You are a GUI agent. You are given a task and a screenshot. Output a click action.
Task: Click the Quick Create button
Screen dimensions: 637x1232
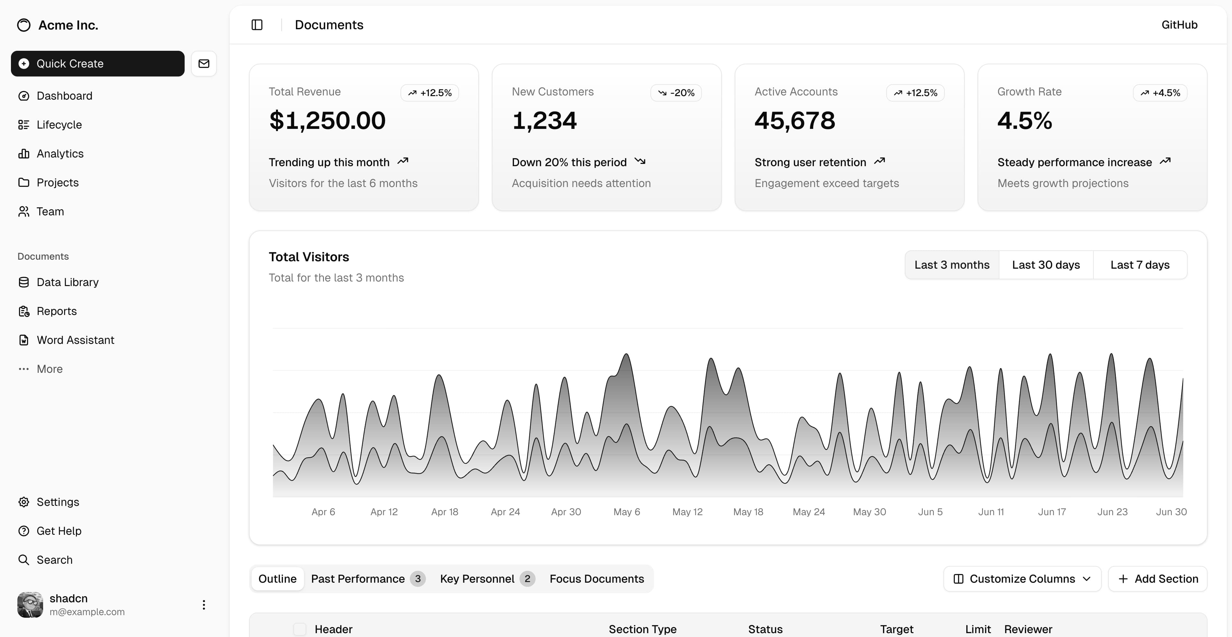click(x=97, y=64)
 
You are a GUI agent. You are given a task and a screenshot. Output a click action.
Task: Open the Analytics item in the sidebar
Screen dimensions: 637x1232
click(x=60, y=153)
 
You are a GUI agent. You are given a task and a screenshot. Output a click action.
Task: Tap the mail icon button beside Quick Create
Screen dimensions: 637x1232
click(x=204, y=64)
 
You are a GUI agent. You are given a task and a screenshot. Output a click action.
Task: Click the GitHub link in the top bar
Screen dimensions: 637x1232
click(x=1179, y=25)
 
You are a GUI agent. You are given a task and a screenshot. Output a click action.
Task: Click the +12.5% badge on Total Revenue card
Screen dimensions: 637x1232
click(x=429, y=93)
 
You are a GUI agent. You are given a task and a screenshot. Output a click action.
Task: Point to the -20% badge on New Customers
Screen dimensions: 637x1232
click(x=676, y=93)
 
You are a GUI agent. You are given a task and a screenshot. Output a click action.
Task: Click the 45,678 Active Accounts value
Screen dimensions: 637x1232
click(x=795, y=121)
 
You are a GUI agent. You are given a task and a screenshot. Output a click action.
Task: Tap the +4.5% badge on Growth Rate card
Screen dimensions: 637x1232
click(x=1160, y=93)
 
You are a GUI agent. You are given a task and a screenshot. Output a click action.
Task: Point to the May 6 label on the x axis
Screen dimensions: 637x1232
click(x=627, y=512)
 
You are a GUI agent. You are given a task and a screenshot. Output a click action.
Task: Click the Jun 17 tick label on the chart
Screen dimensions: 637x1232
click(x=1052, y=512)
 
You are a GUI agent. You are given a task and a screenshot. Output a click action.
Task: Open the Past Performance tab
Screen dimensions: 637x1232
click(x=358, y=579)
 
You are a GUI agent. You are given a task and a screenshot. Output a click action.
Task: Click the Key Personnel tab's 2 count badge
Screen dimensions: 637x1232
click(x=527, y=579)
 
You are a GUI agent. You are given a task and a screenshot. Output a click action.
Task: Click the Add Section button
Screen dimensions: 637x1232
click(x=1158, y=579)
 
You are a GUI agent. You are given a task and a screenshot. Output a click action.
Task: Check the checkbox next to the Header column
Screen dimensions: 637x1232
click(x=300, y=629)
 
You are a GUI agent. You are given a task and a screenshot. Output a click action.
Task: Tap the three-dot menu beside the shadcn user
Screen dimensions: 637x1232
click(x=204, y=605)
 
